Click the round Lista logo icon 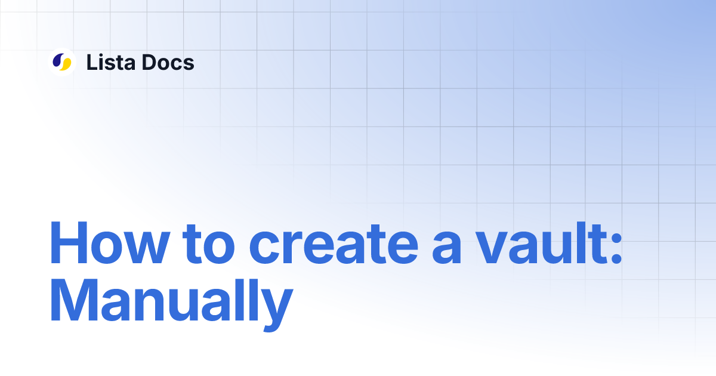pos(62,61)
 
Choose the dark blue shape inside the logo pos(58,60)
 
